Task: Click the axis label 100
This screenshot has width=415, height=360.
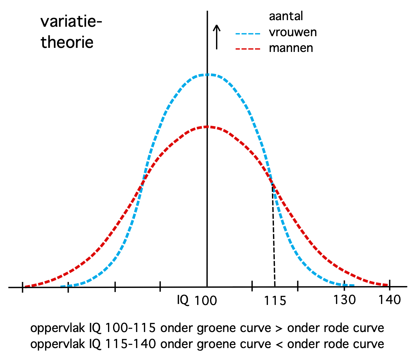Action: coord(205,301)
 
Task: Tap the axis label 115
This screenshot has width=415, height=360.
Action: coord(275,301)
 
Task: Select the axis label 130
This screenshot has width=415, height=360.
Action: coord(344,300)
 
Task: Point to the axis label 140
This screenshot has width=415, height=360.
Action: coord(389,300)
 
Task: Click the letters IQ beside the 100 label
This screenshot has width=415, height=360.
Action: coord(183,300)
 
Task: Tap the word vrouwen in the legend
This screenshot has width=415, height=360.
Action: coord(293,32)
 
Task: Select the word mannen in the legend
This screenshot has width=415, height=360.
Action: coord(291,48)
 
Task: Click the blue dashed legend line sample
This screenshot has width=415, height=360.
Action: coord(248,33)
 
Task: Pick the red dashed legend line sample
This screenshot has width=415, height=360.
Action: coord(248,49)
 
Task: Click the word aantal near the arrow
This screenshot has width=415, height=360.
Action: coord(286,16)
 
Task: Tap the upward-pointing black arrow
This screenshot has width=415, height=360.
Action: coord(216,37)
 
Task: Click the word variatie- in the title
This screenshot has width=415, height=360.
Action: coord(71,22)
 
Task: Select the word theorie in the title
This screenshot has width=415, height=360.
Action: coord(67,42)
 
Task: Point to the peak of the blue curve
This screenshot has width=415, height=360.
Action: coord(207,75)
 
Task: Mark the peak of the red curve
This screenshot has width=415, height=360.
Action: coord(207,127)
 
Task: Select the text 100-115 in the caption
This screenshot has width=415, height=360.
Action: coord(130,328)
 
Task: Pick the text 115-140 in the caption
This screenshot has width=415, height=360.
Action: coord(130,344)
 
